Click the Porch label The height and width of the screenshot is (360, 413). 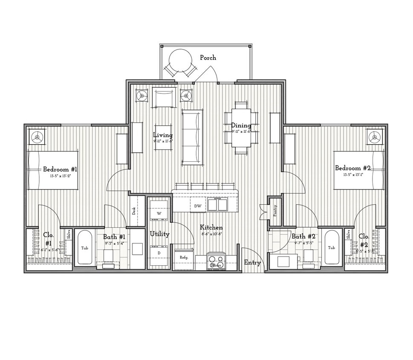tap(208, 58)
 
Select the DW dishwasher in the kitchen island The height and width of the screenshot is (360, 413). tap(198, 206)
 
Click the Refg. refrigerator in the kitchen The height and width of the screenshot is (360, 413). tap(184, 258)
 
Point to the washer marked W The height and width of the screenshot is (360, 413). tap(159, 212)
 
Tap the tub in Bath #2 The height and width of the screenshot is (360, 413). tap(331, 248)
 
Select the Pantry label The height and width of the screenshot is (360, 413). tap(275, 209)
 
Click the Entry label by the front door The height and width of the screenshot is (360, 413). tap(252, 263)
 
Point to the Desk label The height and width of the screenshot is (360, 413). tap(134, 210)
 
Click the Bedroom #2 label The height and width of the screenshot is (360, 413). tap(352, 168)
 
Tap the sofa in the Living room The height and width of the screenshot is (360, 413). tap(192, 137)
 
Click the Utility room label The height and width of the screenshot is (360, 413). tap(159, 234)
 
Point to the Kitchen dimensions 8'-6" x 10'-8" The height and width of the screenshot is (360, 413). tap(211, 234)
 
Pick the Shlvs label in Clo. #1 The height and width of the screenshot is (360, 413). tap(68, 235)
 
